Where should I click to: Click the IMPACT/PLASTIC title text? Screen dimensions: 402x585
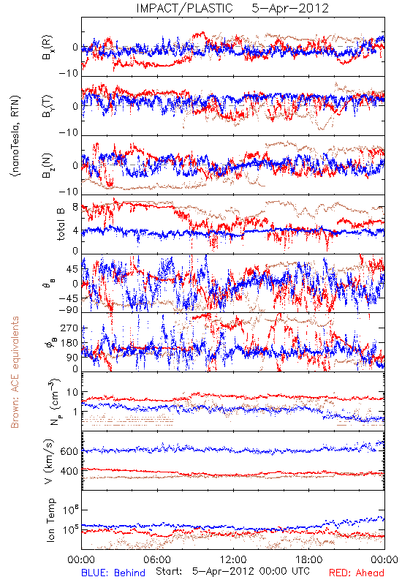[x=184, y=8]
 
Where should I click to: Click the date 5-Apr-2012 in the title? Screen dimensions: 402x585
[x=290, y=8]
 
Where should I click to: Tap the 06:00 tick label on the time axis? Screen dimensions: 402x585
[x=156, y=559]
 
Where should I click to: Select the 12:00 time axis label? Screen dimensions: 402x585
[x=233, y=559]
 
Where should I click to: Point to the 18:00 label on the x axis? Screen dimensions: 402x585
[x=309, y=559]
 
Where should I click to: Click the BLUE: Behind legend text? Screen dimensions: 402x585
[x=113, y=573]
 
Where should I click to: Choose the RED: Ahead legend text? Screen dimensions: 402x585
[x=357, y=573]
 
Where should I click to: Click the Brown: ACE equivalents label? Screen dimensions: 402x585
[x=15, y=372]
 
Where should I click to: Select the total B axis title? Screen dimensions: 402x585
[x=61, y=224]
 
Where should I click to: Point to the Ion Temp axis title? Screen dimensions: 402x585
[x=50, y=520]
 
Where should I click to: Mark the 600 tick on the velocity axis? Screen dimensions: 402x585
[x=69, y=451]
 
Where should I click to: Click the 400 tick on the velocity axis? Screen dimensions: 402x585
[x=69, y=471]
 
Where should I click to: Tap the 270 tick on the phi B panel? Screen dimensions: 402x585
[x=69, y=328]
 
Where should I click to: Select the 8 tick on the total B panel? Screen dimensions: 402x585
[x=75, y=208]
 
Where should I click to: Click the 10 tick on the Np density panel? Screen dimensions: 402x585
[x=72, y=393]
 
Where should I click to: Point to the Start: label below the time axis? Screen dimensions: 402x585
[x=169, y=571]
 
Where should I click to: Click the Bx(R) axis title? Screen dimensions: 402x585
[x=48, y=47]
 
